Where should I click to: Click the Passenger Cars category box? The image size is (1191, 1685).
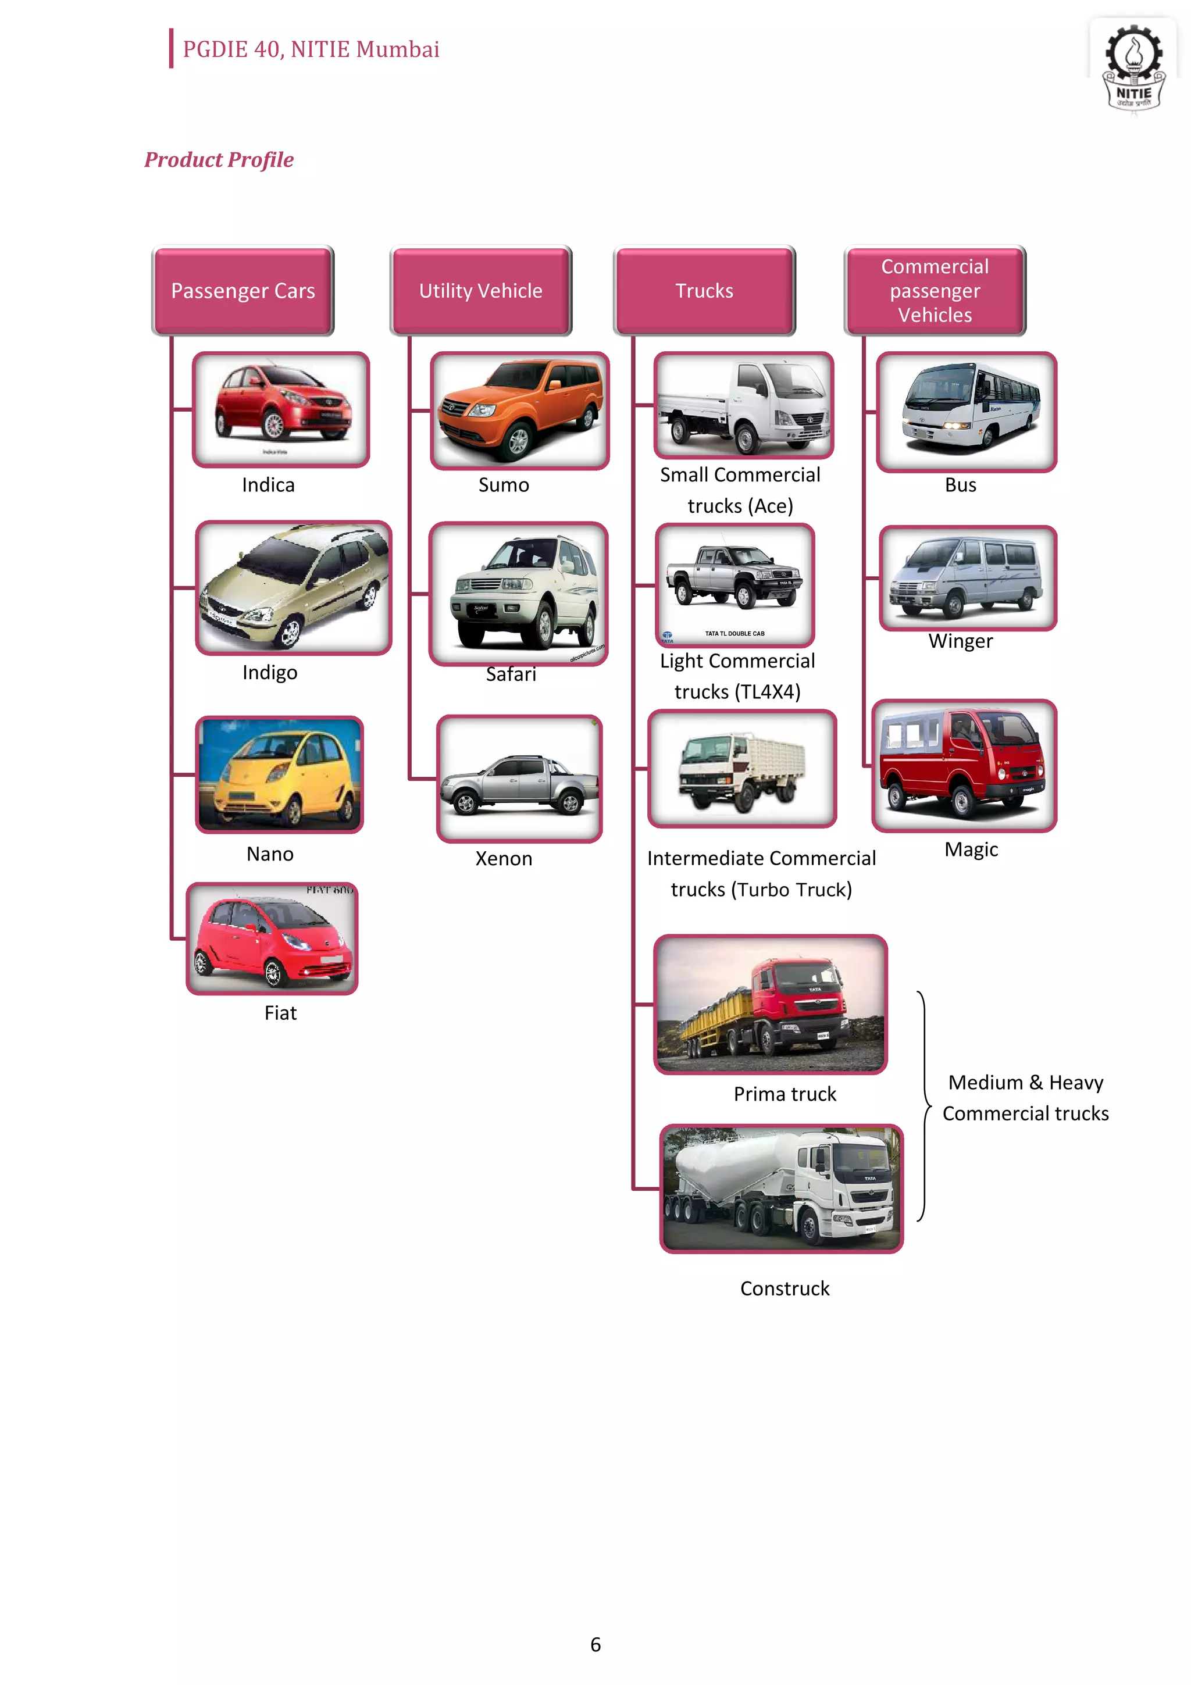point(243,291)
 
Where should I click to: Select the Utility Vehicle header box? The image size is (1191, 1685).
point(481,291)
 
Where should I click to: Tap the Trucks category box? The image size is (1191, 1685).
point(704,291)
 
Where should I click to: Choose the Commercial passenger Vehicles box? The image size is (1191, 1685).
point(935,291)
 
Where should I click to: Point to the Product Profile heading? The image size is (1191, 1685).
point(219,159)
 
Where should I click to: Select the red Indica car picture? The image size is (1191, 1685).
point(281,409)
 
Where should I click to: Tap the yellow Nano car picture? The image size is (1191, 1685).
point(280,774)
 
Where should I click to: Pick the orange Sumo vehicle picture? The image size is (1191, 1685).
point(519,411)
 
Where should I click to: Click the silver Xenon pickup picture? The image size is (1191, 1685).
point(519,778)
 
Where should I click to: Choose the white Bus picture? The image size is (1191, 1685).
point(967,412)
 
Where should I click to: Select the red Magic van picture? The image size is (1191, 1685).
point(964,765)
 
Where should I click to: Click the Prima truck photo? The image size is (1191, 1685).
point(771,1004)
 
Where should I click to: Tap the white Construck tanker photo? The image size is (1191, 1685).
point(782,1188)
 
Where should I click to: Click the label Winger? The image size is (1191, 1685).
point(960,641)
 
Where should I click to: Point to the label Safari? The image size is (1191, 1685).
point(511,674)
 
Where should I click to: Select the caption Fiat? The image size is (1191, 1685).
point(280,1013)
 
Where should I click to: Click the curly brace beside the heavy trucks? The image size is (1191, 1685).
point(924,1105)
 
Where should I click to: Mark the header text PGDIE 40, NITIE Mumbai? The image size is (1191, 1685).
point(311,49)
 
